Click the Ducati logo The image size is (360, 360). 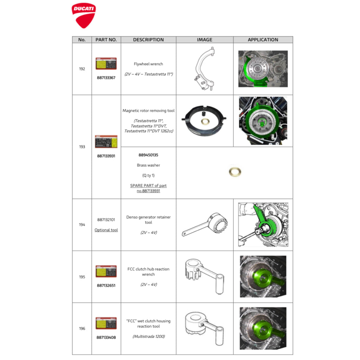pyautogui.click(x=84, y=15)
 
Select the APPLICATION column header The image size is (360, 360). pyautogui.click(x=263, y=40)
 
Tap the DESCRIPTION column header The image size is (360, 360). pyautogui.click(x=148, y=40)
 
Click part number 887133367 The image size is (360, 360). pyautogui.click(x=106, y=78)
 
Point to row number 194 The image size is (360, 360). pyautogui.click(x=82, y=225)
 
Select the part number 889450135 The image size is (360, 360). pyautogui.click(x=148, y=155)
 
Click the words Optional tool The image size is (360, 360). pyautogui.click(x=106, y=230)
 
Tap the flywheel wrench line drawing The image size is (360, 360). pyautogui.click(x=205, y=69)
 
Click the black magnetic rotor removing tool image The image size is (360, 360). pyautogui.click(x=204, y=121)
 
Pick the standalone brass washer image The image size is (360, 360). pyautogui.click(x=235, y=172)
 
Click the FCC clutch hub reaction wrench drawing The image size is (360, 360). pyautogui.click(x=204, y=276)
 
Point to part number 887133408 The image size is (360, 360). pyautogui.click(x=106, y=337)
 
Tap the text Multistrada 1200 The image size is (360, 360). pyautogui.click(x=149, y=336)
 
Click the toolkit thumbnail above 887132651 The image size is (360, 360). pyautogui.click(x=106, y=271)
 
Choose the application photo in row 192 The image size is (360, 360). pyautogui.click(x=263, y=69)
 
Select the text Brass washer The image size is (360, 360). pyautogui.click(x=148, y=165)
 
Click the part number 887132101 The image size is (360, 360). pyautogui.click(x=106, y=220)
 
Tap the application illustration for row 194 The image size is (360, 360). pyautogui.click(x=263, y=225)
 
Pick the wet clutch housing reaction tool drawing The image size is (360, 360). pyautogui.click(x=204, y=328)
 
